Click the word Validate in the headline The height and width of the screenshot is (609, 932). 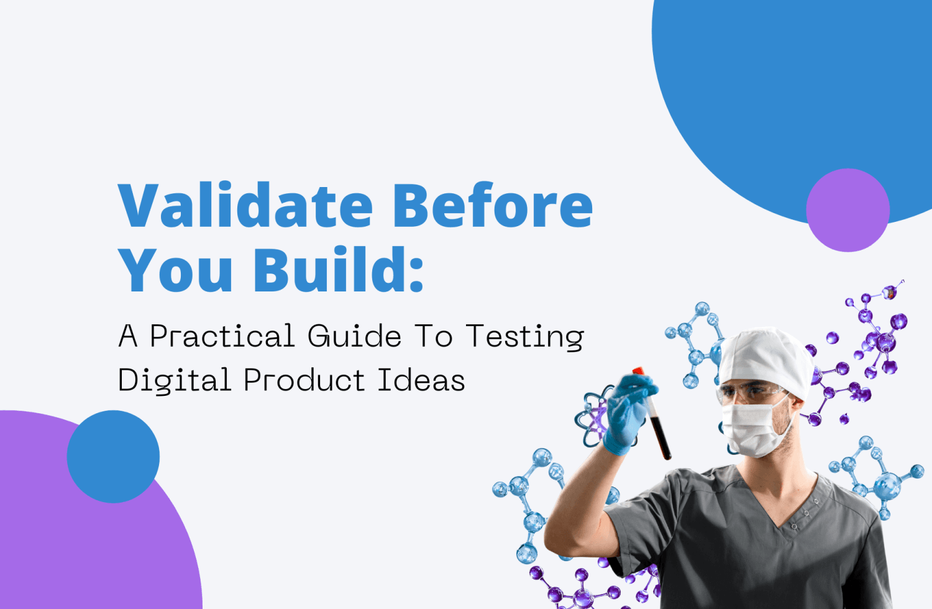tap(245, 206)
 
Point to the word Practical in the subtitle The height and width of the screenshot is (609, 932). tap(222, 337)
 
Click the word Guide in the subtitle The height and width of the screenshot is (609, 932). tap(354, 337)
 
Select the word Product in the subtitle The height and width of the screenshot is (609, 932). tap(304, 380)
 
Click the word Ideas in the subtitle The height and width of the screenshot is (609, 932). tap(421, 380)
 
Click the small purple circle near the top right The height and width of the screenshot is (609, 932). tap(847, 210)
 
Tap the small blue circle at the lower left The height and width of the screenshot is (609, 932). tap(113, 456)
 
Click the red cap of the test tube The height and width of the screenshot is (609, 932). tap(639, 372)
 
